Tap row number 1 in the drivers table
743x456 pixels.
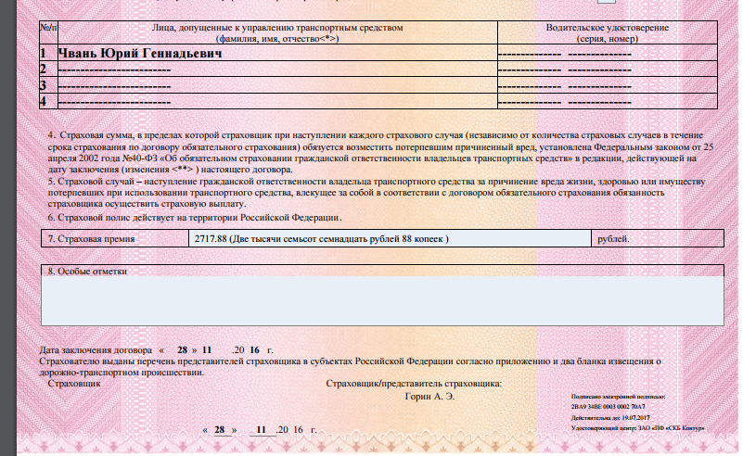pyautogui.click(x=44, y=55)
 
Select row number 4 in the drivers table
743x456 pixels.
pyautogui.click(x=44, y=100)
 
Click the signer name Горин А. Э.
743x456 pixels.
pyautogui.click(x=430, y=396)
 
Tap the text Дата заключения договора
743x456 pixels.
pyautogui.click(x=93, y=350)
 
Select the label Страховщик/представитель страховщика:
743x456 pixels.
pyautogui.click(x=415, y=383)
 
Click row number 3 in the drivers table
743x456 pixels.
pyautogui.click(x=44, y=85)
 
